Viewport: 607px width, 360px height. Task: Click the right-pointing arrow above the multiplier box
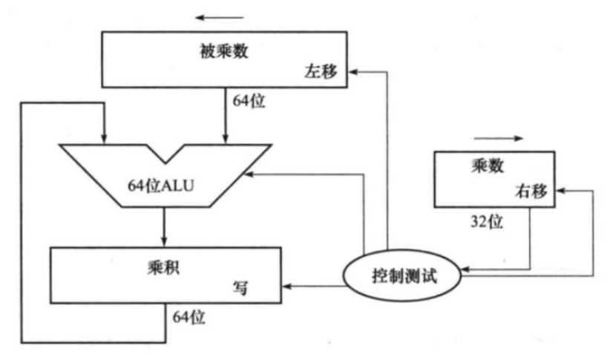(498, 137)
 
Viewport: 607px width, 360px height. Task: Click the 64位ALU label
(163, 183)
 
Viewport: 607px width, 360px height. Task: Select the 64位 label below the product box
(188, 317)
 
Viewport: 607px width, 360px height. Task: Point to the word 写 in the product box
(240, 287)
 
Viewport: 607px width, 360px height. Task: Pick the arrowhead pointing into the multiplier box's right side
(558, 192)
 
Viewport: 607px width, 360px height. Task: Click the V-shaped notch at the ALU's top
(165, 151)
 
